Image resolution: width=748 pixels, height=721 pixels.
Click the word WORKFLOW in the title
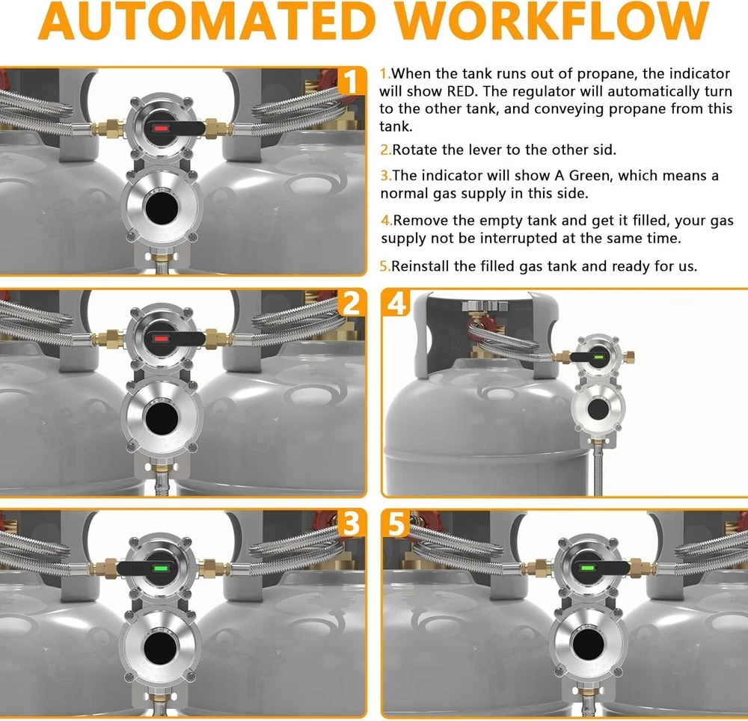coord(553,22)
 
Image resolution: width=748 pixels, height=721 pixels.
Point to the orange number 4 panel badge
coord(396,302)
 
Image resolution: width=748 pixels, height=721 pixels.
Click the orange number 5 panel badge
coord(396,523)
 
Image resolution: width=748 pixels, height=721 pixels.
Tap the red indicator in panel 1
coord(162,129)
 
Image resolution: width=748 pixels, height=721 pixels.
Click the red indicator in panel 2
coord(162,339)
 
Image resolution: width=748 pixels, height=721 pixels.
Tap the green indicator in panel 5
coord(586,568)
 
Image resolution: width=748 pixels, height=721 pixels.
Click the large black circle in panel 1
coord(162,207)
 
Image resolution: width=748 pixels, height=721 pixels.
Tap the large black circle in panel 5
coord(588,645)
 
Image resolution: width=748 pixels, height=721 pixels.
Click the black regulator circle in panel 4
coord(598,410)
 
